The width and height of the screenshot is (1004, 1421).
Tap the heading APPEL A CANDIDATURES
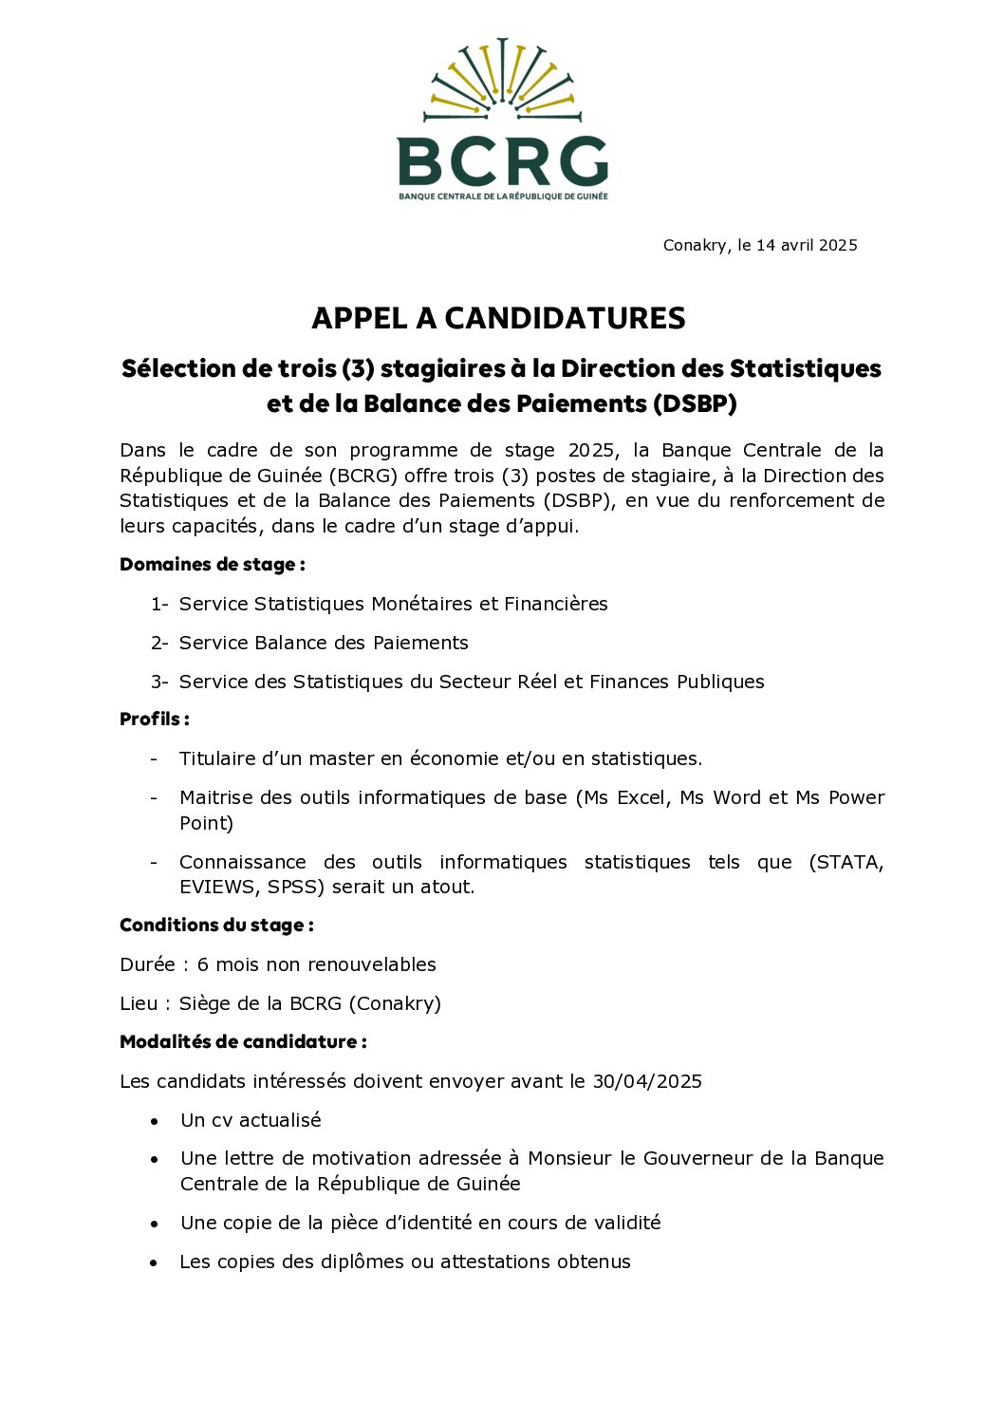tap(498, 318)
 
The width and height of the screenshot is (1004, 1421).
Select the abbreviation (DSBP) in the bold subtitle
tap(694, 403)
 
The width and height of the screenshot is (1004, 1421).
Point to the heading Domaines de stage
tap(212, 565)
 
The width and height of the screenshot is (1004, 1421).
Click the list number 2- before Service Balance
tap(158, 643)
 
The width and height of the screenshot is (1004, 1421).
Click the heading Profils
tap(154, 720)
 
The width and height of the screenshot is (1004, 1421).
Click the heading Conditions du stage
tap(215, 926)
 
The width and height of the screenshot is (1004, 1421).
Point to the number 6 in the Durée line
tap(202, 964)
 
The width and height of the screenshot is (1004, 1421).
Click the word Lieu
tap(139, 1003)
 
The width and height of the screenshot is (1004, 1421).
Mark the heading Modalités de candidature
tap(242, 1042)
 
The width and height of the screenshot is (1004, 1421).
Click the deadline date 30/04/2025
tap(647, 1081)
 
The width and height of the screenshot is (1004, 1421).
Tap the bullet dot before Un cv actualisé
tap(154, 1121)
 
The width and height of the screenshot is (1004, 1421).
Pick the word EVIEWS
tap(216, 887)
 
